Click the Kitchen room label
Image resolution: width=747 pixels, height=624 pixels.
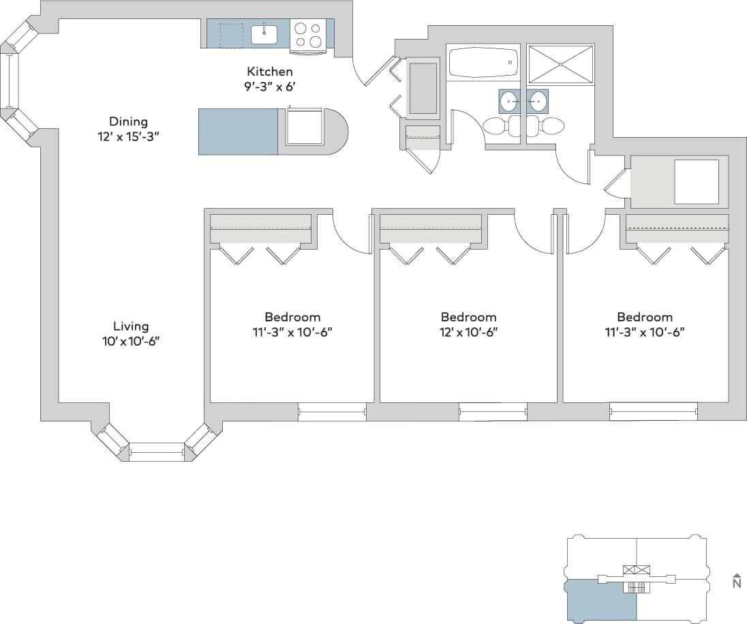pyautogui.click(x=269, y=72)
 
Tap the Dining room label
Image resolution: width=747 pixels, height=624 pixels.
pyautogui.click(x=128, y=122)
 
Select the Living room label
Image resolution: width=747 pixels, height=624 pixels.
pyautogui.click(x=130, y=327)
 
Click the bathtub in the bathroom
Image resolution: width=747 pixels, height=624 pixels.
pyautogui.click(x=483, y=63)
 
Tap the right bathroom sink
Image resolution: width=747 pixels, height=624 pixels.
pyautogui.click(x=537, y=102)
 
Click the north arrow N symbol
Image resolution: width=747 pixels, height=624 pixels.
pyautogui.click(x=736, y=581)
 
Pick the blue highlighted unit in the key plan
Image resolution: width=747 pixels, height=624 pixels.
pyautogui.click(x=600, y=600)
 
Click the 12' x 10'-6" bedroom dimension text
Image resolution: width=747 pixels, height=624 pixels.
pyautogui.click(x=468, y=332)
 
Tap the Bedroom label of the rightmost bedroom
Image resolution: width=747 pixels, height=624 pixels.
pyautogui.click(x=645, y=317)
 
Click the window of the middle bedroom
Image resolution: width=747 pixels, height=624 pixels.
pyautogui.click(x=492, y=411)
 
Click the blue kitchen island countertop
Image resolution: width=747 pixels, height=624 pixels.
pyautogui.click(x=238, y=132)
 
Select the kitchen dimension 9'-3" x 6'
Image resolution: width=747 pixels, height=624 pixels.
pyautogui.click(x=269, y=86)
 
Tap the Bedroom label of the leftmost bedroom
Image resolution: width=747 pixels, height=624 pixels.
pyautogui.click(x=292, y=317)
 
